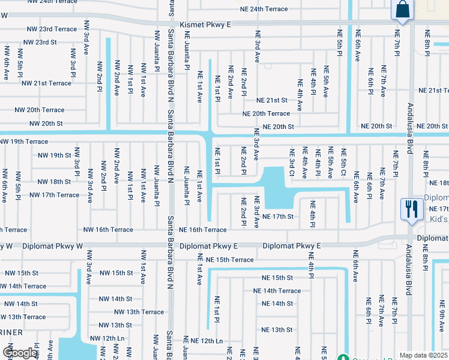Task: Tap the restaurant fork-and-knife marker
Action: click(x=411, y=209)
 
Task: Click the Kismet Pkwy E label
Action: click(x=208, y=24)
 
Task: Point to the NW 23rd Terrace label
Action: click(x=50, y=29)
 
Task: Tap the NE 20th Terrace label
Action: click(x=266, y=113)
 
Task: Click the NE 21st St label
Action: click(x=271, y=100)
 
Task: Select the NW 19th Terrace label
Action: click(x=24, y=142)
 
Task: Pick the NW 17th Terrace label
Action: click(x=54, y=195)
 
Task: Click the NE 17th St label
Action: click(x=277, y=216)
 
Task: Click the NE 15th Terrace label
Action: click(x=229, y=260)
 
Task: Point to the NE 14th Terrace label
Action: click(x=277, y=290)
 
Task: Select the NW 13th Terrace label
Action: click(x=139, y=312)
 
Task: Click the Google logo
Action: click(x=20, y=353)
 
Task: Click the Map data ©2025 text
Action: click(x=423, y=355)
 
